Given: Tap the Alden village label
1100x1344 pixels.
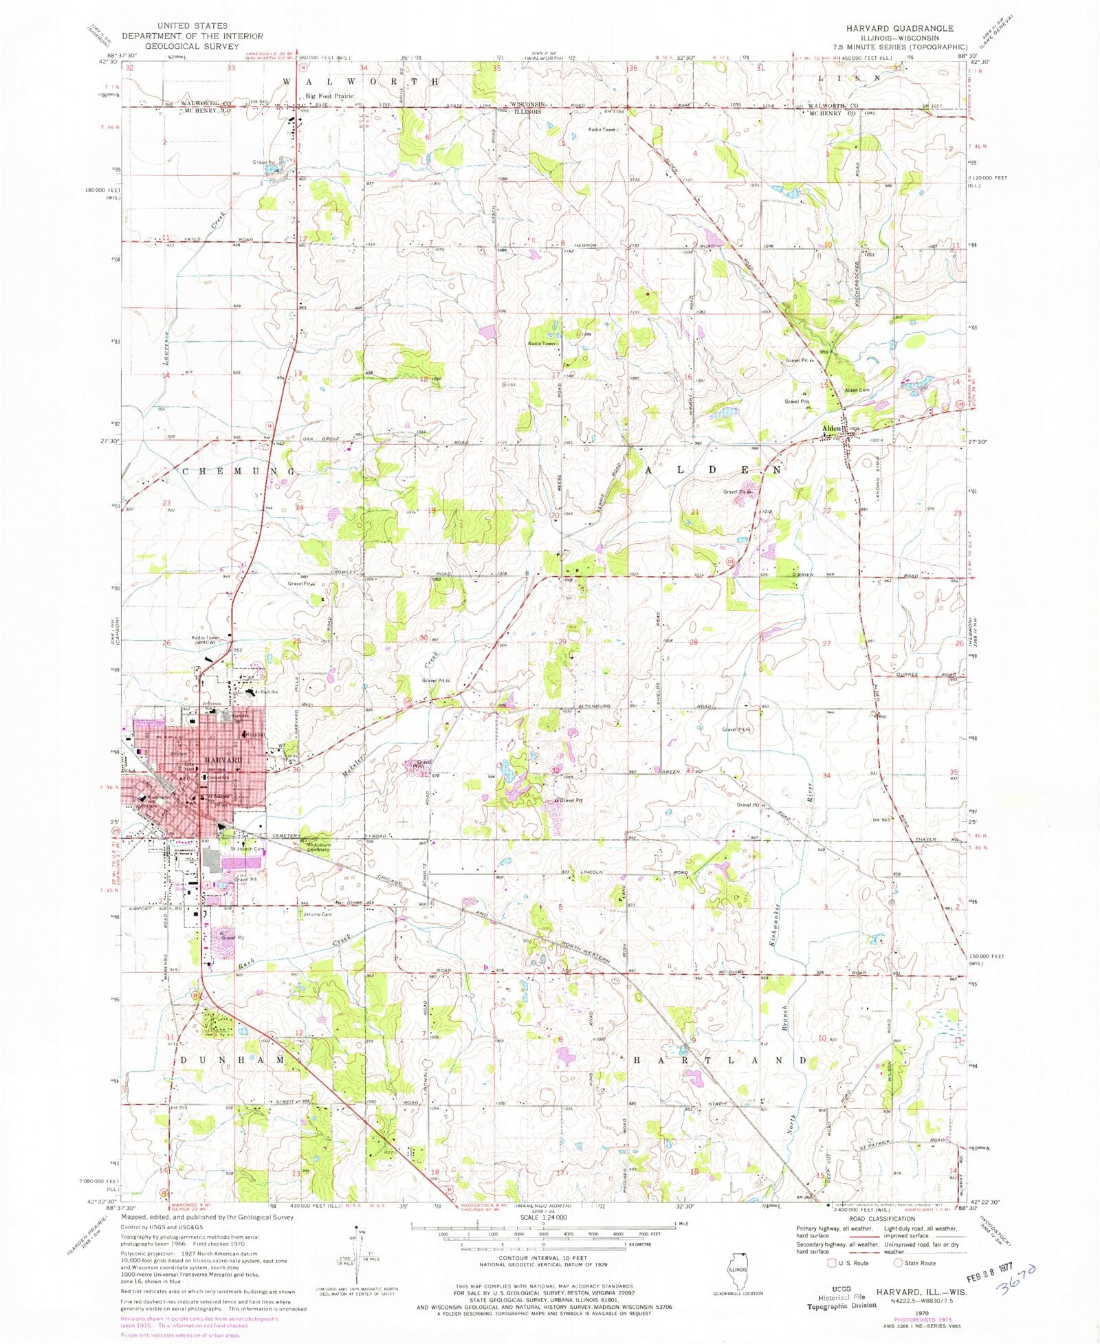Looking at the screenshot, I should point(831,429).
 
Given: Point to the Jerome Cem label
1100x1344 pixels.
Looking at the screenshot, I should point(318,914).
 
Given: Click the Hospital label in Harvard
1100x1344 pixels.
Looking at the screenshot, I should point(256,735).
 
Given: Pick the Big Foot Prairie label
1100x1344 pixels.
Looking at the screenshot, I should point(329,96).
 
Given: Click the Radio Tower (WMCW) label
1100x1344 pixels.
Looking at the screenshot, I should point(205,641).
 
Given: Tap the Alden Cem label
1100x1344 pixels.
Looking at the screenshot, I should point(857,390).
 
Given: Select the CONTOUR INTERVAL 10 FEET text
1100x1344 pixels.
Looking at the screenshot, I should point(543,1257).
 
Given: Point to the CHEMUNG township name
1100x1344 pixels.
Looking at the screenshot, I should point(239,472).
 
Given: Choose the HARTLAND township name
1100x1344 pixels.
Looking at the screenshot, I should point(719,1061).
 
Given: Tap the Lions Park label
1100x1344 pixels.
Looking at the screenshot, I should point(289,760).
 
